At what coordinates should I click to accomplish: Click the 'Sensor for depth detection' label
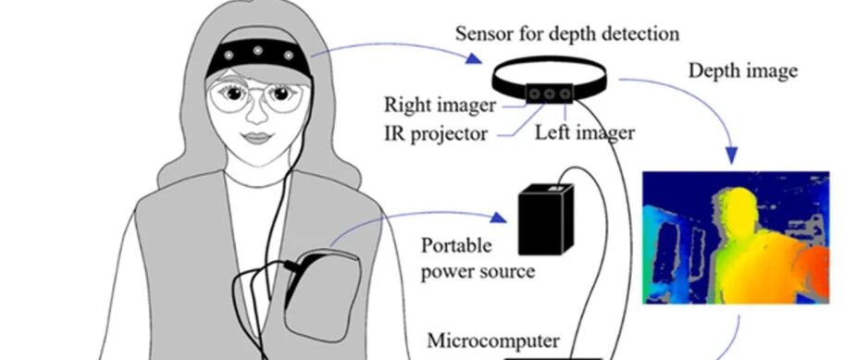(566, 34)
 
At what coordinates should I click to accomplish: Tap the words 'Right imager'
(440, 105)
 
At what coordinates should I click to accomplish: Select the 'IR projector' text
(436, 133)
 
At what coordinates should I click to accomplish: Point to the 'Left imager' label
(585, 131)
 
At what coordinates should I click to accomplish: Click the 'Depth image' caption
(743, 71)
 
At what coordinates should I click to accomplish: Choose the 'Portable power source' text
(478, 258)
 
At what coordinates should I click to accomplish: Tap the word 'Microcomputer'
(493, 341)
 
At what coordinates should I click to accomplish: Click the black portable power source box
(545, 219)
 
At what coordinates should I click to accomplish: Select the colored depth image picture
(736, 238)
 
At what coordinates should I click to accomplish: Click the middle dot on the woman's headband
(258, 51)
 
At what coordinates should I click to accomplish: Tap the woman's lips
(256, 137)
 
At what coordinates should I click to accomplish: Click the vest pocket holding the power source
(322, 295)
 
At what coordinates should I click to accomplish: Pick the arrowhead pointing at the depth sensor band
(474, 58)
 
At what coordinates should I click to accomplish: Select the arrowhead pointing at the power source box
(499, 217)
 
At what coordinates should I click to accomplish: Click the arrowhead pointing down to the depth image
(731, 156)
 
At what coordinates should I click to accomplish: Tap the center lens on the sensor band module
(549, 94)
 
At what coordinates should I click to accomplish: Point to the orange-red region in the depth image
(812, 269)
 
